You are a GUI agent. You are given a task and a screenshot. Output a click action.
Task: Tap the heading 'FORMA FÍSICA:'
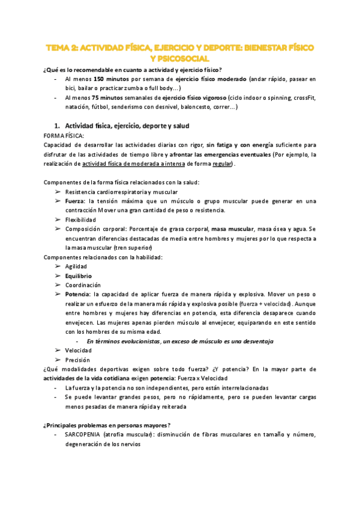(64, 136)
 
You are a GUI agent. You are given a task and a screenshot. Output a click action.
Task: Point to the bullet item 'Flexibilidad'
(80, 220)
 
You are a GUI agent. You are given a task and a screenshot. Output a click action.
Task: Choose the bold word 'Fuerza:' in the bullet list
(76, 201)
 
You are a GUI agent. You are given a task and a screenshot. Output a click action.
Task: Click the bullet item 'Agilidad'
(76, 266)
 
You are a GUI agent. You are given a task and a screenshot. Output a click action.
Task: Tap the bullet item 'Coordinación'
(83, 285)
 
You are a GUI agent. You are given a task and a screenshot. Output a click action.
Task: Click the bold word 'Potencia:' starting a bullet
(79, 294)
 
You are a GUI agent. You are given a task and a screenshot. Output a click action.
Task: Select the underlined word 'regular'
(222, 164)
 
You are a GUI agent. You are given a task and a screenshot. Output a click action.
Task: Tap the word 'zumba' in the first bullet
(127, 88)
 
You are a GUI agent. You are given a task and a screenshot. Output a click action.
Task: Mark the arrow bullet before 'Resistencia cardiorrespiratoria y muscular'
(57, 192)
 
